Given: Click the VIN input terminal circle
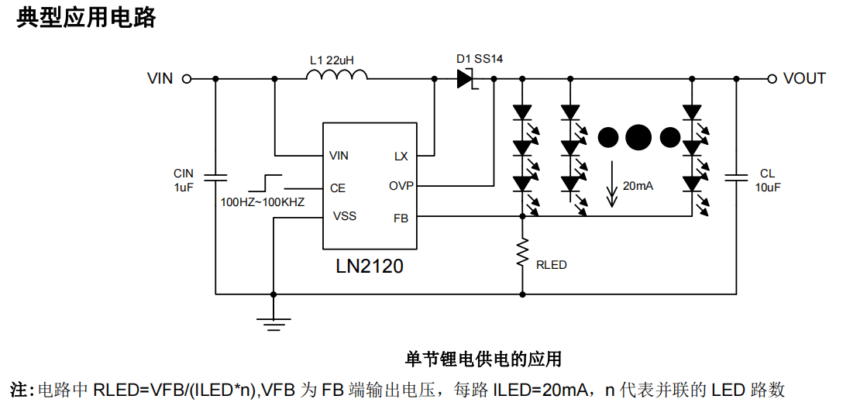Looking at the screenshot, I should click(x=186, y=78).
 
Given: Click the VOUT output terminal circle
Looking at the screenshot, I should click(x=772, y=78).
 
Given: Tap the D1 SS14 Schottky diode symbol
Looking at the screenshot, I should click(x=465, y=78).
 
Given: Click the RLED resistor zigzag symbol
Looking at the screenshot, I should click(x=523, y=253).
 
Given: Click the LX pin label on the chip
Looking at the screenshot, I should click(x=401, y=157).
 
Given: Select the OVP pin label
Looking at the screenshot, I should click(x=401, y=186).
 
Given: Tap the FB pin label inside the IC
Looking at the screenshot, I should click(x=401, y=218).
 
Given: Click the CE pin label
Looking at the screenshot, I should click(x=338, y=188).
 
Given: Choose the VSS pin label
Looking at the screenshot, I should click(x=345, y=215).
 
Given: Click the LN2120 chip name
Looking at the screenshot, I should click(x=370, y=267).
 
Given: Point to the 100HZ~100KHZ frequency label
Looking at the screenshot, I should click(x=263, y=202).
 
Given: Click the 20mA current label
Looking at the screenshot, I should click(x=638, y=186).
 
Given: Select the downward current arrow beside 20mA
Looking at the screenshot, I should click(x=612, y=186).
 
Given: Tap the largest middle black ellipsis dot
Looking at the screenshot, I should click(x=638, y=137).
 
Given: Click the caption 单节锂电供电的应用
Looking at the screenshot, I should click(x=483, y=359).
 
